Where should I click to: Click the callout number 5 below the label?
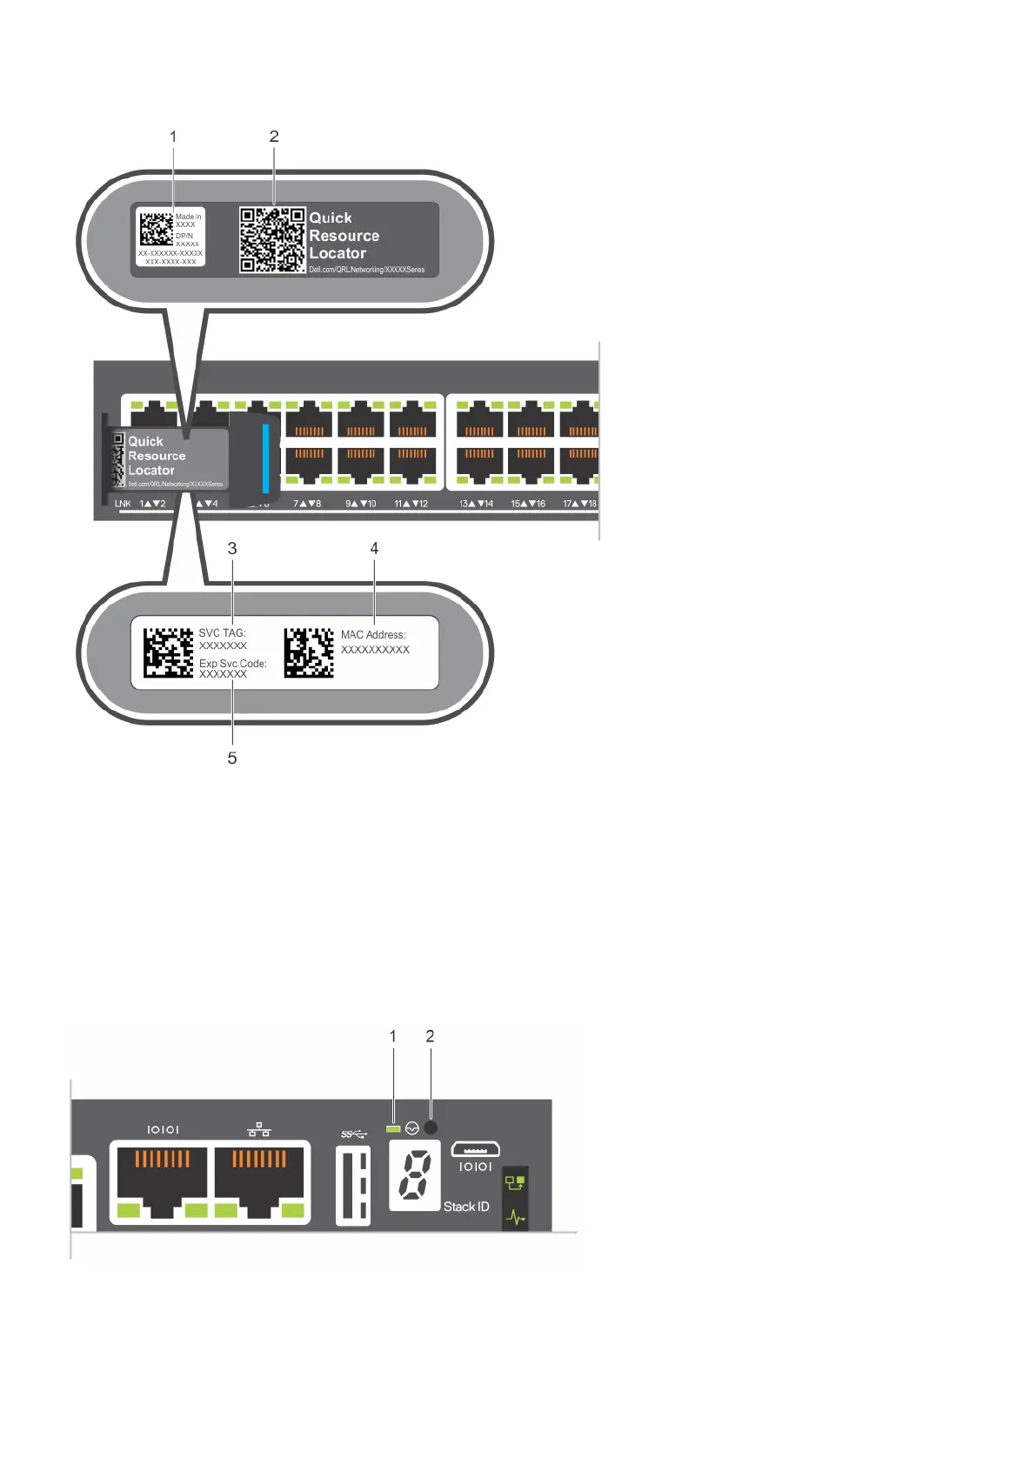[x=232, y=758]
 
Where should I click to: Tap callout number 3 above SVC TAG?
[x=232, y=548]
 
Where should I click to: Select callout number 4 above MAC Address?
[x=374, y=548]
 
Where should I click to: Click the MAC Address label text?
[x=373, y=635]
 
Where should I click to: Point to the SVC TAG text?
[x=222, y=633]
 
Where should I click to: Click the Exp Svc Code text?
[x=232, y=663]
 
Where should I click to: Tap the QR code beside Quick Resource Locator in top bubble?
[x=272, y=239]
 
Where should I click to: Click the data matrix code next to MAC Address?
[x=309, y=652]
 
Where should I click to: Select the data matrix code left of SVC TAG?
[x=168, y=652]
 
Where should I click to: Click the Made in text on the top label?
[x=188, y=217]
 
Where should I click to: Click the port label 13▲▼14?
[x=476, y=504]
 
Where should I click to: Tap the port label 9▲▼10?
[x=361, y=504]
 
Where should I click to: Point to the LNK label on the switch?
[x=123, y=504]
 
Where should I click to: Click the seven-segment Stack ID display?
[x=415, y=1174]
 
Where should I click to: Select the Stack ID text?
[x=466, y=1207]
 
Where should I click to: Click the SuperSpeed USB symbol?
[x=353, y=1134]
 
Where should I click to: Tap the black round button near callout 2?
[x=430, y=1127]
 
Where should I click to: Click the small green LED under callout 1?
[x=393, y=1128]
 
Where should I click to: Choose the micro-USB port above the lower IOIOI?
[x=475, y=1148]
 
